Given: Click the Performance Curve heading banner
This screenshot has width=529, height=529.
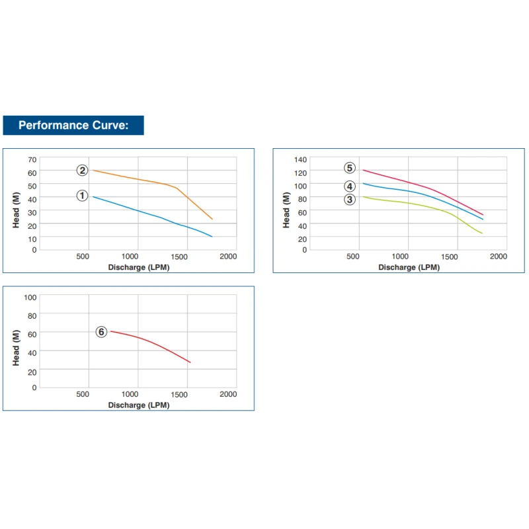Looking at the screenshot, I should [x=73, y=125].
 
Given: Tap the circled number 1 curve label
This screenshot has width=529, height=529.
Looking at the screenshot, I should [x=82, y=196].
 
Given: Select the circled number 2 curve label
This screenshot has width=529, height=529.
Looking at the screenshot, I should [x=82, y=171].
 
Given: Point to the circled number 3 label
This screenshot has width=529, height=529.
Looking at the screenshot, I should [x=350, y=199].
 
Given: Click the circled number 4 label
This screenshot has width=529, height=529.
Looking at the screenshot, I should [x=350, y=186].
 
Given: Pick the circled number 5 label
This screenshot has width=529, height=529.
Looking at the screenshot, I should [x=350, y=168].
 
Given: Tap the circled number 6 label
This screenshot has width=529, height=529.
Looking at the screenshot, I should [x=101, y=332].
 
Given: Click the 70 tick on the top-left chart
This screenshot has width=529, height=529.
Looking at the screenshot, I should [x=32, y=159].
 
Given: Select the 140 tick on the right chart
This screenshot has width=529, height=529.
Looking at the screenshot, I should [x=301, y=159].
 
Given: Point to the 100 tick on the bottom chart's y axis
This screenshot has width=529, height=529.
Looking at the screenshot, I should [x=30, y=297].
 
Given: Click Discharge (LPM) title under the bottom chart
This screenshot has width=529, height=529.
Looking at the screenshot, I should [x=139, y=405].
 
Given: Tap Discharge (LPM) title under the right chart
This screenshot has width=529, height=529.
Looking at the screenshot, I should [x=409, y=267].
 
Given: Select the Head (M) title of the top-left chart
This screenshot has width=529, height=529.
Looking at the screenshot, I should [x=16, y=210].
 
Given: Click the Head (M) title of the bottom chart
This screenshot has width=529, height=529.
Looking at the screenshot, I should [x=16, y=347].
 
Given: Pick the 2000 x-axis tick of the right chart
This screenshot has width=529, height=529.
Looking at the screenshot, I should [x=498, y=256].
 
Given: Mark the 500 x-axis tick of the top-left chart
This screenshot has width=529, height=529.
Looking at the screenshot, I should [x=83, y=256].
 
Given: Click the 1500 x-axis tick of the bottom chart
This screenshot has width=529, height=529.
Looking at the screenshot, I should [x=179, y=394].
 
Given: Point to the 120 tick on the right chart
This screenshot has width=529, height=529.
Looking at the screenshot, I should [x=301, y=173].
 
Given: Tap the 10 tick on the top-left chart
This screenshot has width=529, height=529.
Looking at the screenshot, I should [x=32, y=237].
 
